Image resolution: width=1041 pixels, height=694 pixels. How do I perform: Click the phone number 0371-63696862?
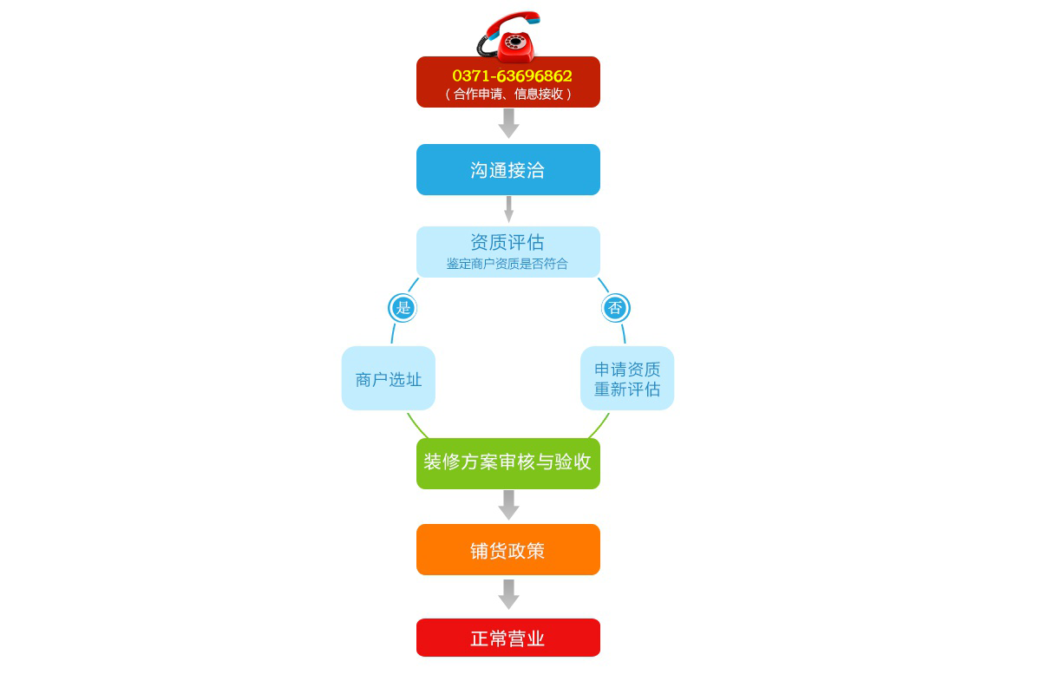tap(512, 75)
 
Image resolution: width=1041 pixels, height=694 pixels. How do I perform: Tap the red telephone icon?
tap(509, 36)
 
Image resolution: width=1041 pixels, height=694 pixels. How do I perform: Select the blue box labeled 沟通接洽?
tap(508, 170)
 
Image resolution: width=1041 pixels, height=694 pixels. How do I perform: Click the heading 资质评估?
tap(507, 242)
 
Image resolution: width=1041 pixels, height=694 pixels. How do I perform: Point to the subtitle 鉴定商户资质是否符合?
tap(507, 264)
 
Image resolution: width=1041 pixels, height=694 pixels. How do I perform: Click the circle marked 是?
tap(403, 308)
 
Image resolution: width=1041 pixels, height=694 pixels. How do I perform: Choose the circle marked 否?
tap(616, 308)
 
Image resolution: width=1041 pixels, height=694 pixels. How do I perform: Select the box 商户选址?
tap(389, 378)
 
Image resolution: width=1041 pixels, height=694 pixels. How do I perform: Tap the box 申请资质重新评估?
tap(627, 378)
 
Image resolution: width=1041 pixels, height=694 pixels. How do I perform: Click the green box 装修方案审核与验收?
tap(508, 463)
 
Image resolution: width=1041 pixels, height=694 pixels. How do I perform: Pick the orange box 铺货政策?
tap(508, 549)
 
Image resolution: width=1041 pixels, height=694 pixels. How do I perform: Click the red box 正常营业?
tap(508, 638)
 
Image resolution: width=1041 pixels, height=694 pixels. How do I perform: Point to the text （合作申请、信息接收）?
tap(508, 95)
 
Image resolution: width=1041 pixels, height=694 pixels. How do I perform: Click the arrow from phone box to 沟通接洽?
tap(509, 123)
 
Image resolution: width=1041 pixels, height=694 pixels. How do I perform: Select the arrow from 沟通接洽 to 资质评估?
tap(509, 209)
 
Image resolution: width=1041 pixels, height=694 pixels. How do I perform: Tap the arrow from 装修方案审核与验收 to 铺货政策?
tap(509, 505)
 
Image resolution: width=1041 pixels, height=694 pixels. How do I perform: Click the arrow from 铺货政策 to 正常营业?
tap(509, 594)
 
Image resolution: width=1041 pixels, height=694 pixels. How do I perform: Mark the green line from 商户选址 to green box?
tap(417, 426)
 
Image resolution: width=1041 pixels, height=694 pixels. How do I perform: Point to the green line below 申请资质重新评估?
tap(599, 426)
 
